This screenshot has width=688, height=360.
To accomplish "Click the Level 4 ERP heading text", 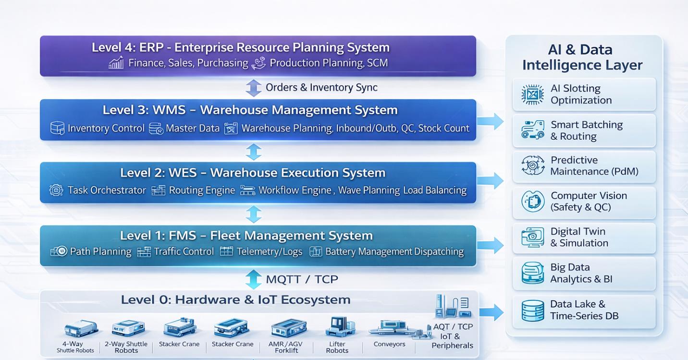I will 240,48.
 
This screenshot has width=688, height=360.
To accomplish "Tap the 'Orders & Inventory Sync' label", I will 321,87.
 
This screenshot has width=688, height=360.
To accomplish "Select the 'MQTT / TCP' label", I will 302,279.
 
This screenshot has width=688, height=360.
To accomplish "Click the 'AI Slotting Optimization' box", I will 584,94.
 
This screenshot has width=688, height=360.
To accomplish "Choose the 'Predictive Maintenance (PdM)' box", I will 584,166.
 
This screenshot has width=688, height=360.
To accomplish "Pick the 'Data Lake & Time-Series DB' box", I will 584,310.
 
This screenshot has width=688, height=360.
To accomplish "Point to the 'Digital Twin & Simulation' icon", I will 532,237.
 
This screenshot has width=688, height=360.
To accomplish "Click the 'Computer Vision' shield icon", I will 533,201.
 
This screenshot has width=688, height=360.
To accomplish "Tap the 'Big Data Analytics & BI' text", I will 581,273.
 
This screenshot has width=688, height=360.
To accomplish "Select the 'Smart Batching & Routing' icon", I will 532,130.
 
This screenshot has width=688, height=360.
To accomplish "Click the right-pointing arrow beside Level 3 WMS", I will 491,122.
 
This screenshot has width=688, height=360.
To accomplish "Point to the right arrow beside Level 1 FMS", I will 491,245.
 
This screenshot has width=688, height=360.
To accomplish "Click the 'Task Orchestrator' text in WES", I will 107,190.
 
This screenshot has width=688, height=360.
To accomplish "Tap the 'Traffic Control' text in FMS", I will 184,251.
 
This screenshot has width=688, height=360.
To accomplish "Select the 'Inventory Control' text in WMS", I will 106,128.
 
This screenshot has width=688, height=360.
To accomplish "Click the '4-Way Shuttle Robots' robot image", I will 81,329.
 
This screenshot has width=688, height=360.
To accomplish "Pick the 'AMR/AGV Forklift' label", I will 286,348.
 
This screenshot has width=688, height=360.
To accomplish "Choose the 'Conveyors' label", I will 389,344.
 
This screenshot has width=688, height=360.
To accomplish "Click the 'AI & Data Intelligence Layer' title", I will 582,57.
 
